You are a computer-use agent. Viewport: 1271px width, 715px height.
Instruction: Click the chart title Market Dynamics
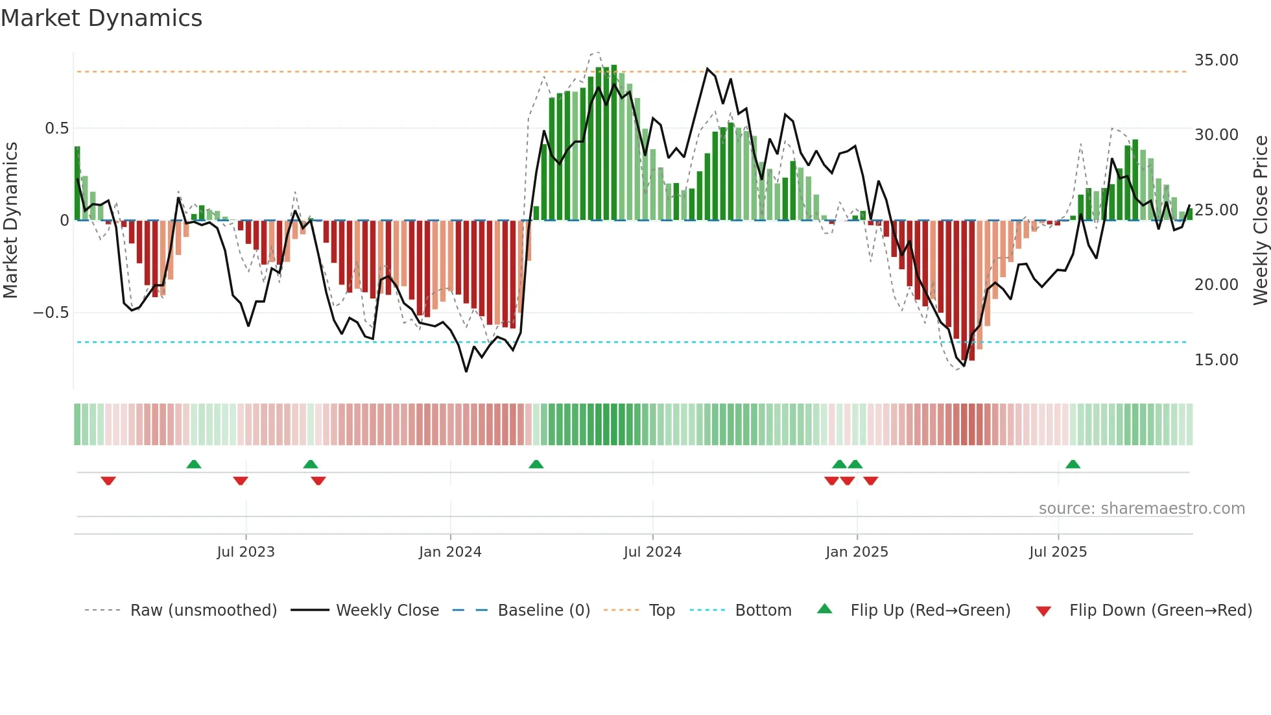[102, 18]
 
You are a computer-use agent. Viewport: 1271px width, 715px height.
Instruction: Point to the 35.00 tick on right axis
[1216, 60]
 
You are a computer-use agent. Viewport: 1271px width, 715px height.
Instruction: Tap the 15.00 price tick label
[1216, 360]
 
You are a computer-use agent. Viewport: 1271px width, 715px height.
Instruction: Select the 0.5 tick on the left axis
[56, 128]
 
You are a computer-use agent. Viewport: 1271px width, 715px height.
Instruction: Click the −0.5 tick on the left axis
[51, 313]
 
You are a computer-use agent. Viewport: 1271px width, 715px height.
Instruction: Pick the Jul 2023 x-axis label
[246, 552]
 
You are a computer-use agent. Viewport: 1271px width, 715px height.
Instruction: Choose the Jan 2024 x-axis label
[450, 552]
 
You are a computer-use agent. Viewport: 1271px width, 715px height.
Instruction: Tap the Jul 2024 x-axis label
[652, 552]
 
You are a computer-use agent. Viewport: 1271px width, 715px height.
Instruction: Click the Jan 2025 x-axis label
[857, 552]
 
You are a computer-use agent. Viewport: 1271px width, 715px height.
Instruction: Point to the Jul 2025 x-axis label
[1058, 552]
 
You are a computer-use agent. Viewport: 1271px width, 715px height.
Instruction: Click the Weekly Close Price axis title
[1260, 220]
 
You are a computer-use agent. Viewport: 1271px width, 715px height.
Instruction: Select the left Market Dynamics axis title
[10, 220]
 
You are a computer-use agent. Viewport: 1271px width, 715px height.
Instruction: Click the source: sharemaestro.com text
[1141, 509]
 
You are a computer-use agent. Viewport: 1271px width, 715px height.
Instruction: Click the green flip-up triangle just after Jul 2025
[1073, 464]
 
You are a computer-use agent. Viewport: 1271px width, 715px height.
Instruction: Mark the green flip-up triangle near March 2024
[536, 464]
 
